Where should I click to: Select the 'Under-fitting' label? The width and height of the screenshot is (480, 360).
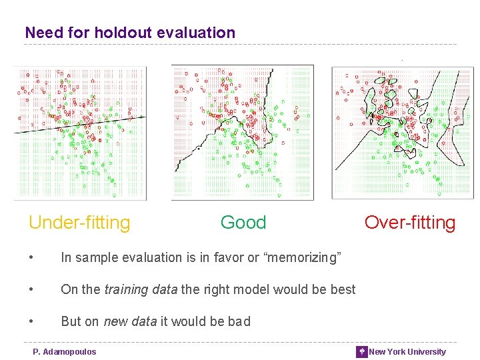[79, 223]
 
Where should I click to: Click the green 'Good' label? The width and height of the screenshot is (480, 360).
[243, 223]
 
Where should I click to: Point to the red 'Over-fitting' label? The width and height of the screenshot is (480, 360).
[409, 223]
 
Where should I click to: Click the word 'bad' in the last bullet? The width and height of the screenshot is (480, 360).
[238, 321]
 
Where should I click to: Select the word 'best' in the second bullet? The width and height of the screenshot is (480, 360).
[342, 289]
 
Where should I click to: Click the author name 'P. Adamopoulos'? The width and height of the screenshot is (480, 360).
[65, 352]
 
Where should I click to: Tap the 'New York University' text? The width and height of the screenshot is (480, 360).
[407, 352]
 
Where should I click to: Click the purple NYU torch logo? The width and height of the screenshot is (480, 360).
[361, 352]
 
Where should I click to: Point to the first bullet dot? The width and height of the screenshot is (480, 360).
[32, 258]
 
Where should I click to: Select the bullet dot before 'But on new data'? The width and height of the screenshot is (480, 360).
[32, 322]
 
